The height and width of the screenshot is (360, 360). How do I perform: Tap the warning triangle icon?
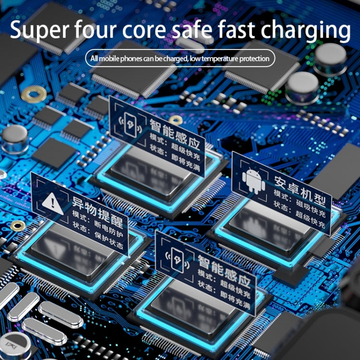tap(51, 201)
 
